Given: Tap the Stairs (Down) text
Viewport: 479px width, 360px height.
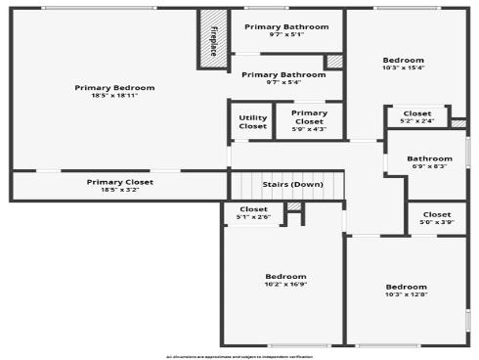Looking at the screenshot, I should (292, 184).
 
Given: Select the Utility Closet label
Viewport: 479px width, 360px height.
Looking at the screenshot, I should (252, 122).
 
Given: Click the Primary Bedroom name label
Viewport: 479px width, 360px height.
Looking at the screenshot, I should (114, 87).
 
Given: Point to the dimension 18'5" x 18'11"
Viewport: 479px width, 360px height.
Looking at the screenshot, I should (114, 96).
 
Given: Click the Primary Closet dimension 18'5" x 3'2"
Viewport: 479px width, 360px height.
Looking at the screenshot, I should (118, 190).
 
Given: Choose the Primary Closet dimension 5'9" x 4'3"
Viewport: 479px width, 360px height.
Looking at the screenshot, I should (309, 129).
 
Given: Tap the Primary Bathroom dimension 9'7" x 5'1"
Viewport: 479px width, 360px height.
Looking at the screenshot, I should (286, 34).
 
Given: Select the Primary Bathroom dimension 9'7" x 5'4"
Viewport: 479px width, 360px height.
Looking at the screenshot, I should (283, 82).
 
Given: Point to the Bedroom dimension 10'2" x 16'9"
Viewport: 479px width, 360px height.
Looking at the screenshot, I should (285, 285).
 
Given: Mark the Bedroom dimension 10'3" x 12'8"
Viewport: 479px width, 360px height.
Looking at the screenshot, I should (406, 294).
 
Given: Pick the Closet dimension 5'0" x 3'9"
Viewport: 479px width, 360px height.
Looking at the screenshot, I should (436, 222).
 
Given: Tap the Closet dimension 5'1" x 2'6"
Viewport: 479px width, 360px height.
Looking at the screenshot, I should (253, 216).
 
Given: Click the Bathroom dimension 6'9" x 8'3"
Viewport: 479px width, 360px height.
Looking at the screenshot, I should (429, 166).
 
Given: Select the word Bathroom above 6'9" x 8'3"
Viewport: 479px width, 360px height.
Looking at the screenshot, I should (429, 158).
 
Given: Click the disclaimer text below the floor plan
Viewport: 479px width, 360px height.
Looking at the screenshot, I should (239, 356).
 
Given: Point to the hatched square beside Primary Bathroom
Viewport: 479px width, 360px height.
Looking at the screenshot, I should (334, 62).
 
